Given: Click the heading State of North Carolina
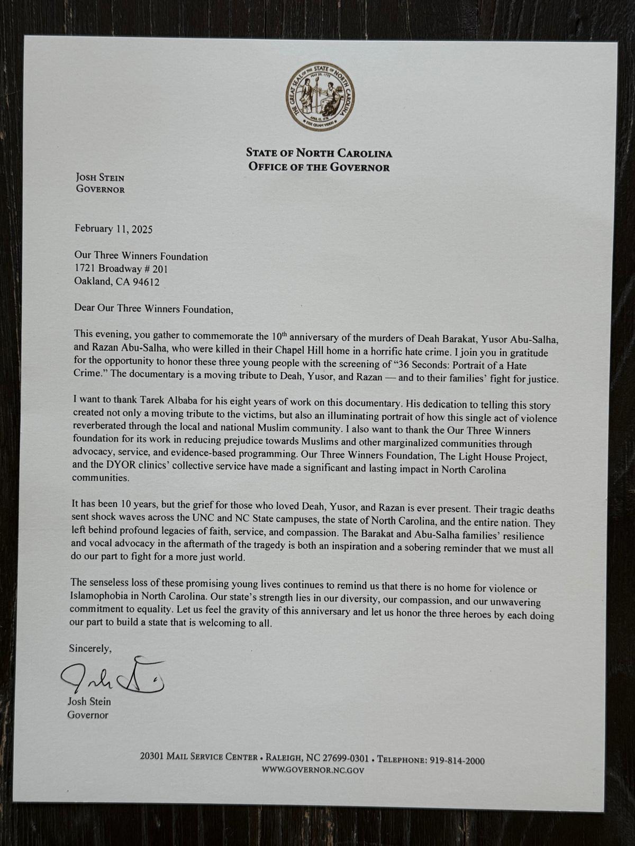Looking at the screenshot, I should [319, 153].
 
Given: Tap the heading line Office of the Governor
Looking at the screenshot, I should [319, 167].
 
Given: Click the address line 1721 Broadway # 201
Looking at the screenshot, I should [121, 269].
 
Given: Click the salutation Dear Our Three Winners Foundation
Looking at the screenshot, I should [153, 309].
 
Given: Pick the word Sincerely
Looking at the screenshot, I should [90, 648].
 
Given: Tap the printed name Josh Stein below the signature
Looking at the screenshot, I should [89, 702].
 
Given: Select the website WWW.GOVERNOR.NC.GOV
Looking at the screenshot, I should [313, 770].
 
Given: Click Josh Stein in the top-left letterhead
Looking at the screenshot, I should [99, 178].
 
